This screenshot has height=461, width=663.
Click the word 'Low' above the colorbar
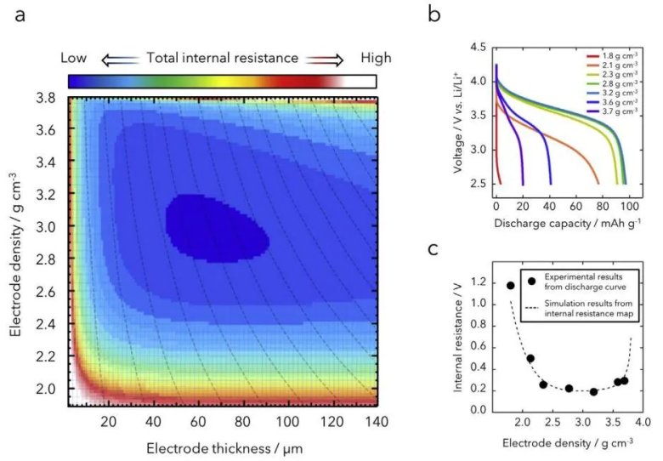point(74,58)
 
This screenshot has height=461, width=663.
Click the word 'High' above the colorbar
point(376,58)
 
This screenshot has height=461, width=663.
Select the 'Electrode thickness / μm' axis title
point(224,447)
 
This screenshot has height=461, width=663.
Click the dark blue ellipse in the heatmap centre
point(217,226)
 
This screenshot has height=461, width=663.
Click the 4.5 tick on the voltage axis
point(478,47)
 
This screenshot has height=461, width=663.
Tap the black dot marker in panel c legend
point(531,281)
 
